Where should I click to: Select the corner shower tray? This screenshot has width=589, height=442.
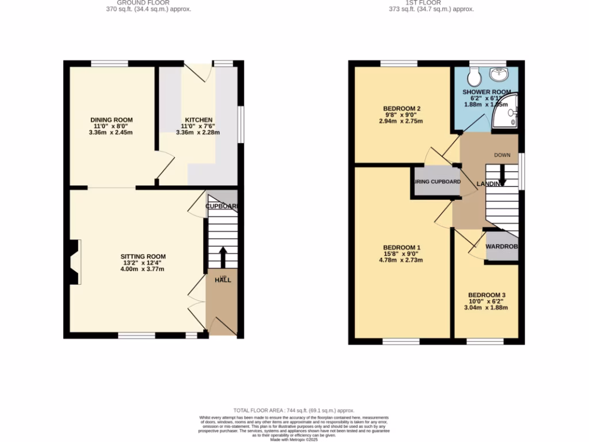507,114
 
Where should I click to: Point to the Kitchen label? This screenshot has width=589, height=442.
198,120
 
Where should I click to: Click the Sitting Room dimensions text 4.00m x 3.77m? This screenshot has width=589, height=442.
143,269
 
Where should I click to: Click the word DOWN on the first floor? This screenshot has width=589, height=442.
502,155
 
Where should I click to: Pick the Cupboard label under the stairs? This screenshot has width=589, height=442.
222,206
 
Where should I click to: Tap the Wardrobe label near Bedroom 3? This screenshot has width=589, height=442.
502,246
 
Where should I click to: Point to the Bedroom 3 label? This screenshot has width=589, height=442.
487,292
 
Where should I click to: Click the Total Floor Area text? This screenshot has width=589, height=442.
293,410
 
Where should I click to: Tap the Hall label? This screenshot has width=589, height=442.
223,280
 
